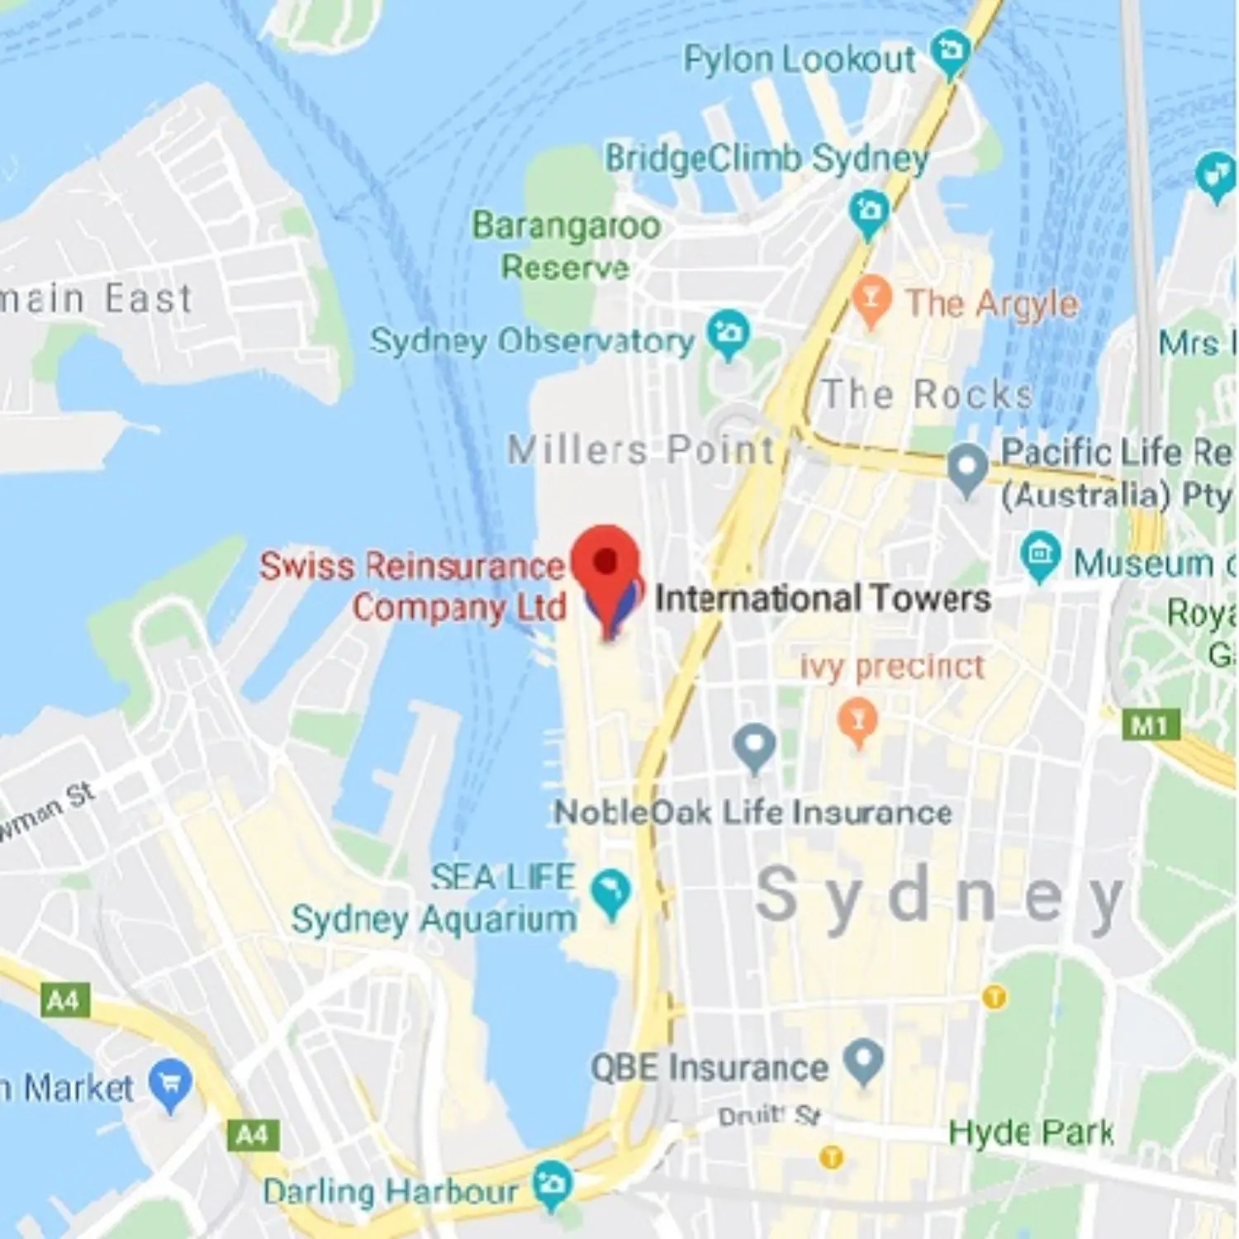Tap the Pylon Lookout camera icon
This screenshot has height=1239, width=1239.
[950, 51]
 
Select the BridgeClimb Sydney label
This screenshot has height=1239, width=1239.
[767, 158]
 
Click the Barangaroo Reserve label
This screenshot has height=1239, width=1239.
[566, 245]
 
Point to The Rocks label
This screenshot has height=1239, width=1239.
[927, 394]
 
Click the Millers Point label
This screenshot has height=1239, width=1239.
[641, 450]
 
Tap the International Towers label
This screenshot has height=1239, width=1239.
[823, 598]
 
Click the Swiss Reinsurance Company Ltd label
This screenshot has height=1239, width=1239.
[413, 586]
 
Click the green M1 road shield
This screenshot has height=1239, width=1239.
[1150, 726]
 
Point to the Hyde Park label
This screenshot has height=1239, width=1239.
[1031, 1132]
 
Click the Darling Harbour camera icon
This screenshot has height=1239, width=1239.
[552, 1184]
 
